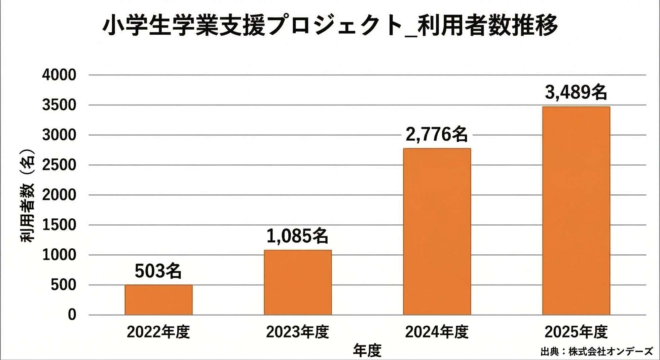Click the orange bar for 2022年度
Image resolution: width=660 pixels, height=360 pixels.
[x=158, y=300]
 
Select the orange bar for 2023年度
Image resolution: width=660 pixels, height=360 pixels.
[x=298, y=282]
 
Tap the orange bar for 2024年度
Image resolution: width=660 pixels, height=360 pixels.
[x=437, y=231]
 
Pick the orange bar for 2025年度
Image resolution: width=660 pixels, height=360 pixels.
[x=576, y=211]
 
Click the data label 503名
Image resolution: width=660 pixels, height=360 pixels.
[x=158, y=271]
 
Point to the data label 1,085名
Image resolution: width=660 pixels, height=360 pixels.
[x=297, y=236]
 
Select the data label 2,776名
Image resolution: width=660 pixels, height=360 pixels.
[x=437, y=135]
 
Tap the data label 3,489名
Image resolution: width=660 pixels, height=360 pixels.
[x=576, y=92]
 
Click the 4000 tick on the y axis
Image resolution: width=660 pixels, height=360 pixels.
[x=59, y=75]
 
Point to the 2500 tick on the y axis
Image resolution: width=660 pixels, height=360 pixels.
[x=59, y=165]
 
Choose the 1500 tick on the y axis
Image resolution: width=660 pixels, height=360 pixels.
[x=59, y=225]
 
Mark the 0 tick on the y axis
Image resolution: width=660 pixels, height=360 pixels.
[x=72, y=315]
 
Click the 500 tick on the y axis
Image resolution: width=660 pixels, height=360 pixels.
[x=64, y=285]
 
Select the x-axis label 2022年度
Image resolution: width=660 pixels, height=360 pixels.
[x=158, y=332]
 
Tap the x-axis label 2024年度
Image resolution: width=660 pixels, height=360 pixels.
[x=437, y=332]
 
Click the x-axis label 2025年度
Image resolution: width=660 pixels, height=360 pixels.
[x=576, y=332]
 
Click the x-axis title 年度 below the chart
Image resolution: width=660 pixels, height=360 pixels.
[x=367, y=351]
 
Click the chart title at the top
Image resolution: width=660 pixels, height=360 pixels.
[x=330, y=26]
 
